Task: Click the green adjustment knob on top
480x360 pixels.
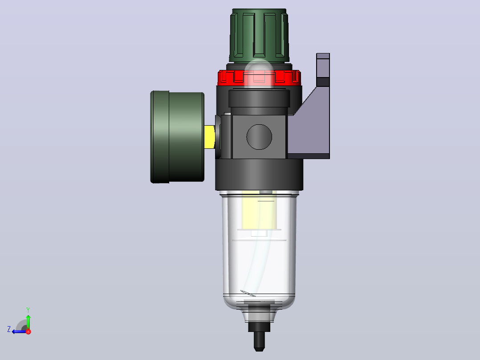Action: coord(259,35)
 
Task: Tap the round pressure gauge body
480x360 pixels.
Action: coord(177,137)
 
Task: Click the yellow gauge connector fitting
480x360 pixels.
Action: coord(210,137)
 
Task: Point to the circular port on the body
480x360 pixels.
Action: coord(259,137)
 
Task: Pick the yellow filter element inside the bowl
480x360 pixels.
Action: coord(259,211)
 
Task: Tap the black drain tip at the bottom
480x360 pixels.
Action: coord(259,341)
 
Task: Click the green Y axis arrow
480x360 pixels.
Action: coord(28,320)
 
